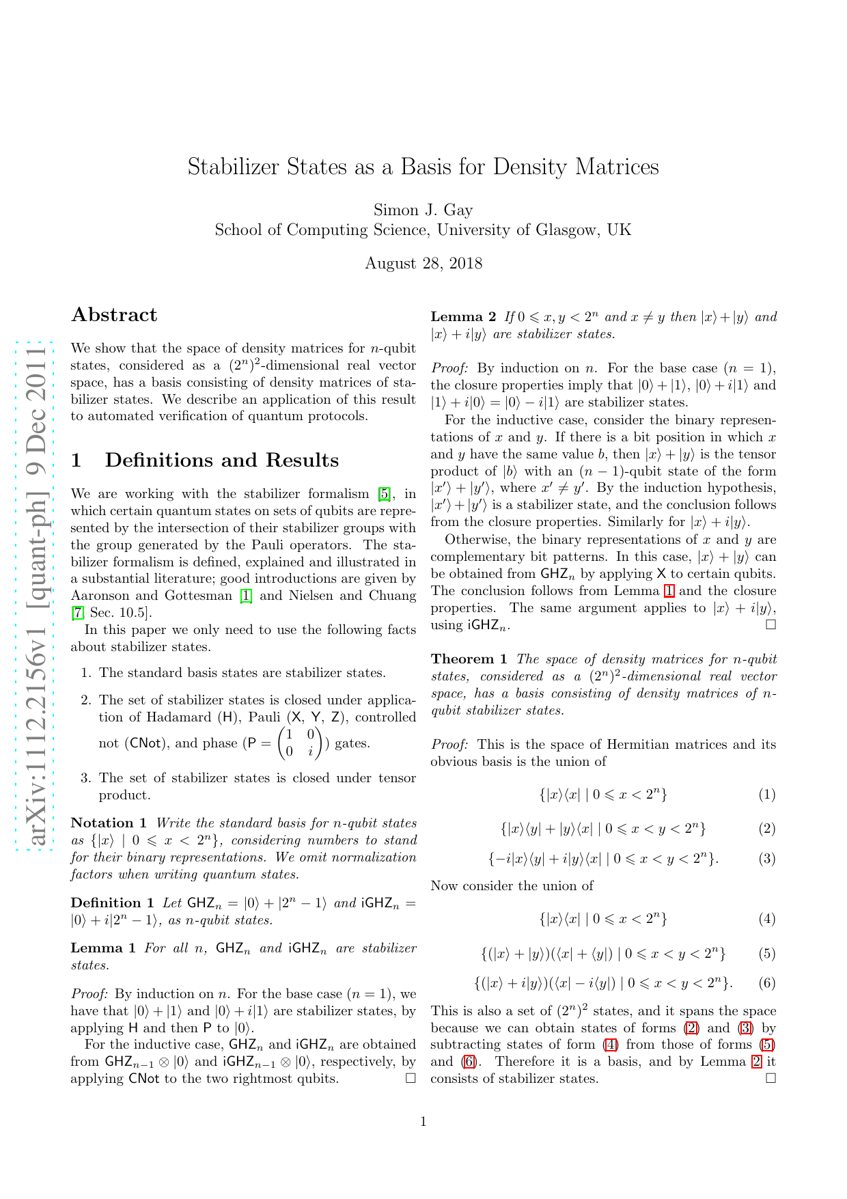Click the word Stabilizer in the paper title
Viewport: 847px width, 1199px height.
232,167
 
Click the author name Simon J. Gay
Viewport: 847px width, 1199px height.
423,210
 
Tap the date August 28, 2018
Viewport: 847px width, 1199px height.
423,264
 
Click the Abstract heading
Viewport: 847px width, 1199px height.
114,315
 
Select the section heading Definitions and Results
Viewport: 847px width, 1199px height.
221,460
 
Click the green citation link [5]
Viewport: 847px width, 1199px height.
385,494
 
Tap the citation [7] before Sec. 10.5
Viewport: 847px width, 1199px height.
77,613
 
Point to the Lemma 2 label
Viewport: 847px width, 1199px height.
463,317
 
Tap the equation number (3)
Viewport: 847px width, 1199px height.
767,859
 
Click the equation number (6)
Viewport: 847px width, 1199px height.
767,983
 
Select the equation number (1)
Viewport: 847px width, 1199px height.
767,795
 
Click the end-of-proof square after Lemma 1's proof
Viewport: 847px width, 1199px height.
411,1079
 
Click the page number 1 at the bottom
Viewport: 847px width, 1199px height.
423,1122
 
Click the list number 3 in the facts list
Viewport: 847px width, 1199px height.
86,778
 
